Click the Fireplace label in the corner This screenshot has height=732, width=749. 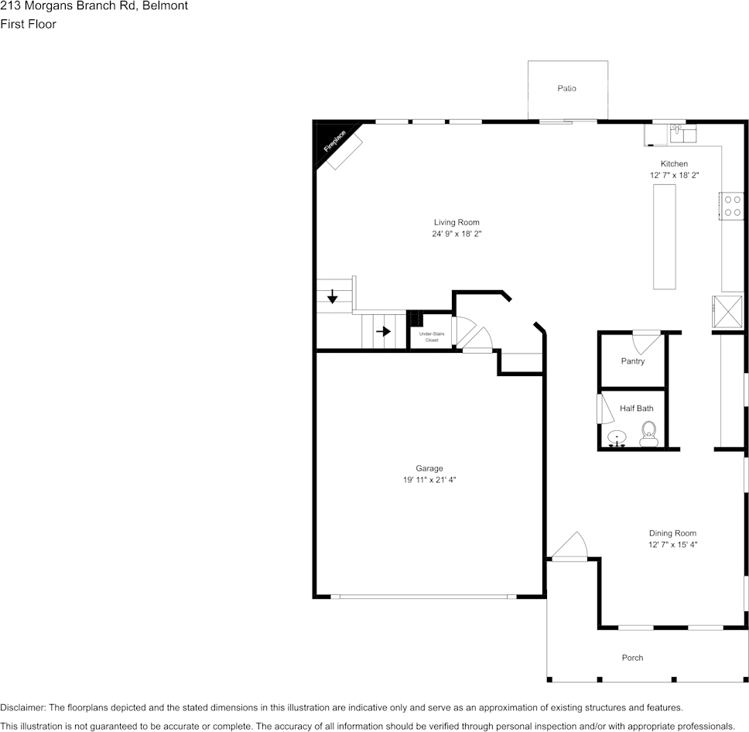click(335, 141)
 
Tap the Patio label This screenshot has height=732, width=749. click(566, 89)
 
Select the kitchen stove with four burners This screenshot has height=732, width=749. click(732, 204)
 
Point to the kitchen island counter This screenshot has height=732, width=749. click(664, 238)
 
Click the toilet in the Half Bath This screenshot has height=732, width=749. click(648, 432)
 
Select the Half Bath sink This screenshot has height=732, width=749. click(617, 438)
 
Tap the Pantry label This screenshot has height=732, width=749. click(632, 361)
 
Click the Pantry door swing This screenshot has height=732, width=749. click(647, 341)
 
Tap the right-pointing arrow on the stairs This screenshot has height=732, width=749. click(383, 331)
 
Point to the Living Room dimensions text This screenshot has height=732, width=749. click(457, 234)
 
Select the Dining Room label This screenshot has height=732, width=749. click(672, 533)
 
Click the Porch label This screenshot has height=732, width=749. click(632, 658)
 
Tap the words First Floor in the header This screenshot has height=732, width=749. click(28, 24)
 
